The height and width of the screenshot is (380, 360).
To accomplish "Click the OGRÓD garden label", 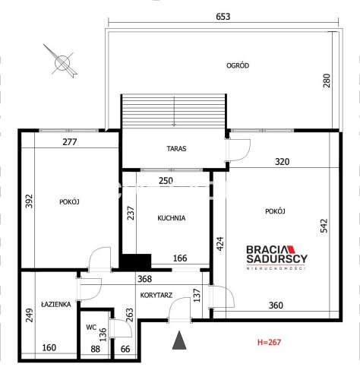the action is pyautogui.click(x=238, y=65).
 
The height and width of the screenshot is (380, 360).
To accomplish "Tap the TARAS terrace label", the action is pyautogui.click(x=176, y=148).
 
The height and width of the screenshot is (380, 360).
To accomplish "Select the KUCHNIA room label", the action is pyautogui.click(x=172, y=218).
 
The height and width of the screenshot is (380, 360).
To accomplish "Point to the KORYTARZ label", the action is pyautogui.click(x=156, y=295).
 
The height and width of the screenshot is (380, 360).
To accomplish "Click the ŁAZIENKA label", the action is pyautogui.click(x=56, y=304).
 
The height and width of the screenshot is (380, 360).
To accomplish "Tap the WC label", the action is pyautogui.click(x=91, y=328).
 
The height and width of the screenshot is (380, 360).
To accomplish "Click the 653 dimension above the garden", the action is pyautogui.click(x=223, y=17).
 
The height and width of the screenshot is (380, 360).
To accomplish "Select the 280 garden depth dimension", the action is pyautogui.click(x=327, y=81).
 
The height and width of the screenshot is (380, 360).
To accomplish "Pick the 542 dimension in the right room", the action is pyautogui.click(x=324, y=226).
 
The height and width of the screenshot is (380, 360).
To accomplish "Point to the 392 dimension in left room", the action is pyautogui.click(x=29, y=201).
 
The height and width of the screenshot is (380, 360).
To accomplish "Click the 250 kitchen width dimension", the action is pyautogui.click(x=166, y=181).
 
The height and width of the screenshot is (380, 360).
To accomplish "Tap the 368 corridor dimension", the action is pyautogui.click(x=144, y=279).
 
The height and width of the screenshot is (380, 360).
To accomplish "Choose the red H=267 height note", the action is pyautogui.click(x=269, y=343).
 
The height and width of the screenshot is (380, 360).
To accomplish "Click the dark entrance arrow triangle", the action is pyautogui.click(x=179, y=340).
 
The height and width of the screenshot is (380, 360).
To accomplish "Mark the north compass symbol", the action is pyautogui.click(x=62, y=62).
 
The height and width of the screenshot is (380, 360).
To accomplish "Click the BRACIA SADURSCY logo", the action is pyautogui.click(x=276, y=258).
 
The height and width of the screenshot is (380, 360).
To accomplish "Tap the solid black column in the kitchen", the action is pyautogui.click(x=135, y=261).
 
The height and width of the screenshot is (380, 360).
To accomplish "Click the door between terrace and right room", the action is pyautogui.click(x=238, y=150).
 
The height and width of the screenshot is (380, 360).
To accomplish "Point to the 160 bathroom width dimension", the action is pyautogui.click(x=49, y=347).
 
